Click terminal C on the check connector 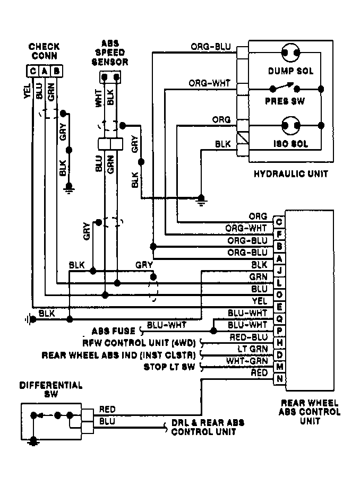coord(32,71)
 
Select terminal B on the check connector coord(56,71)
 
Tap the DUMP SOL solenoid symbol coord(291,52)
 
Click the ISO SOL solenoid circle coord(291,126)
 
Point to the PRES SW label coord(285,101)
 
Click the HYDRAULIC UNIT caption coord(291,174)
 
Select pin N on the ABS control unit coord(279,379)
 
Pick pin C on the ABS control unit coord(279,222)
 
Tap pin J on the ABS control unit coord(279,270)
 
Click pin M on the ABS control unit coord(279,367)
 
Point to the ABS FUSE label coord(114,331)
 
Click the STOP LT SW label coord(169,367)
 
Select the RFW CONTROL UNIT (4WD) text coord(139,343)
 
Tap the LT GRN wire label coord(253,349)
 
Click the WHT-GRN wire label coord(247,361)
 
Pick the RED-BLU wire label coord(248,337)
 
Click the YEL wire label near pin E coord(260,301)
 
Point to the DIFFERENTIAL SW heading coord(51,390)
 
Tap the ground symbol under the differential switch coord(33,441)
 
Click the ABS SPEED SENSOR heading coord(110,53)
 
